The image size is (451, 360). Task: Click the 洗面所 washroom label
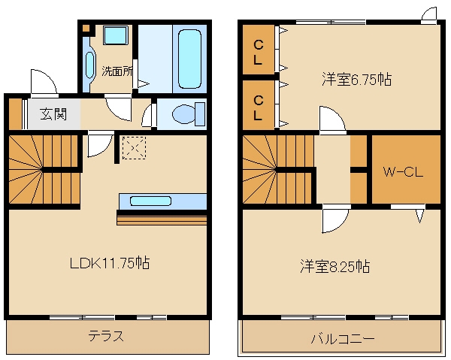(117, 72)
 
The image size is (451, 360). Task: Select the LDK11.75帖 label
(109, 264)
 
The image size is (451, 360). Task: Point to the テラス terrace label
(107, 336)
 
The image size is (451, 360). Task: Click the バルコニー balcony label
(343, 338)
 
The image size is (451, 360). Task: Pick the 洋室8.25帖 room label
(335, 266)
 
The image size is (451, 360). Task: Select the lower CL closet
(258, 107)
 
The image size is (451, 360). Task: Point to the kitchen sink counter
(162, 201)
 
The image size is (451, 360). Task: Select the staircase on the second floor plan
(277, 171)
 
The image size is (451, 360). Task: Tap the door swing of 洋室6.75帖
(331, 120)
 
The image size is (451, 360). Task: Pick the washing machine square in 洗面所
(116, 35)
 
